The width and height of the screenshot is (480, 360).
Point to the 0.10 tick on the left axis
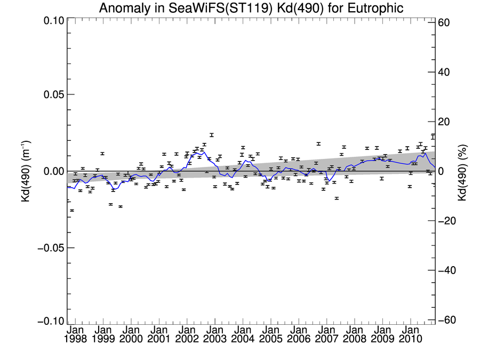pyautogui.click(x=52, y=20)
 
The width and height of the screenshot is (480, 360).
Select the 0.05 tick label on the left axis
pyautogui.click(x=52, y=94)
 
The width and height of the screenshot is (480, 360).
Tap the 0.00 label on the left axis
pyautogui.click(x=52, y=171)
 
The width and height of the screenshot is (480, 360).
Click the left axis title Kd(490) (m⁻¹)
pyautogui.click(x=25, y=171)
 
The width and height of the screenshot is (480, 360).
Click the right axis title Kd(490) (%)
pyautogui.click(x=462, y=171)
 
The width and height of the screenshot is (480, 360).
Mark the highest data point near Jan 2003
pyautogui.click(x=212, y=135)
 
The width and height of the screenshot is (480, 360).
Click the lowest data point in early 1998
pyautogui.click(x=72, y=210)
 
